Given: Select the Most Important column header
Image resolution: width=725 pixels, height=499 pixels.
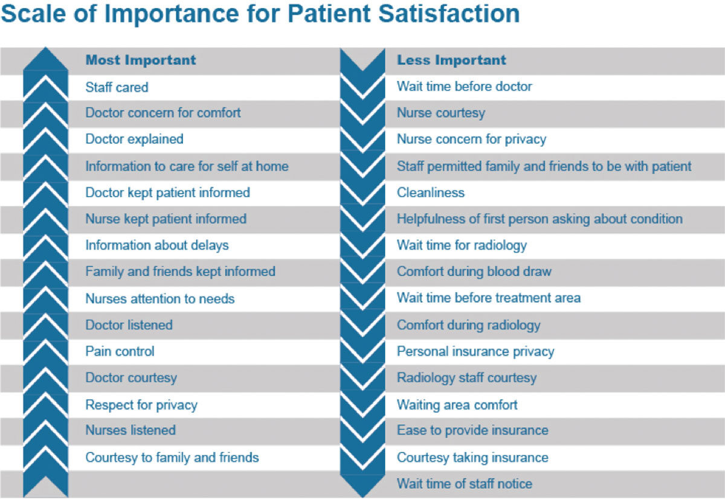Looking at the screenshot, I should click(141, 60).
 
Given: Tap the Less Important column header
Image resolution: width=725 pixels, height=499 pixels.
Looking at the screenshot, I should click(451, 60).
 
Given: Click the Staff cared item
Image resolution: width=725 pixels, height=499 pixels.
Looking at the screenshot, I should click(117, 87).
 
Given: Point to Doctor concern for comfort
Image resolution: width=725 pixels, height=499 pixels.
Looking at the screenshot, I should click(163, 113).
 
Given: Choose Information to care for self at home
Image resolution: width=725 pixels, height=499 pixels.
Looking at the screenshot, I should click(187, 166).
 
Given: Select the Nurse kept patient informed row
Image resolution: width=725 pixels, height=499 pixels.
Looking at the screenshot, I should click(166, 219).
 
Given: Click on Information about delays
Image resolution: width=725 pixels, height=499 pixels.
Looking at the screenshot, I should click(156, 245).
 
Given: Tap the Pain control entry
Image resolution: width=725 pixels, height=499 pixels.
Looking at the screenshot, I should click(120, 351).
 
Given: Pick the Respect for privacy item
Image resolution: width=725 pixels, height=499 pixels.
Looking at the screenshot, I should click(141, 405).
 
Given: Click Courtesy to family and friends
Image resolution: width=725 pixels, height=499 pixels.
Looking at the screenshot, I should click(172, 457).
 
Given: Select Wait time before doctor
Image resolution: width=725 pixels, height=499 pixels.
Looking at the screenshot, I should click(464, 86).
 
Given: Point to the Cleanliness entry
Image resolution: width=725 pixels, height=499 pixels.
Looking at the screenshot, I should click(430, 193).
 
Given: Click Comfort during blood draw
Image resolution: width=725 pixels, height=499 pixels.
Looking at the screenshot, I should click(474, 272).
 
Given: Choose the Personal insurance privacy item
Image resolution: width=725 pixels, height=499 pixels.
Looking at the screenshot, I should click(475, 352).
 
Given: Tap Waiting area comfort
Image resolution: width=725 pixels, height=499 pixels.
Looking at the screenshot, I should click(457, 405).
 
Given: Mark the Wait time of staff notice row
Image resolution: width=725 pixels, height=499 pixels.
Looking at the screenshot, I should click(464, 484).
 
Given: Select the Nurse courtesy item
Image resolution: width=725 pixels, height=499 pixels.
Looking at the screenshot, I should click(440, 113).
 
